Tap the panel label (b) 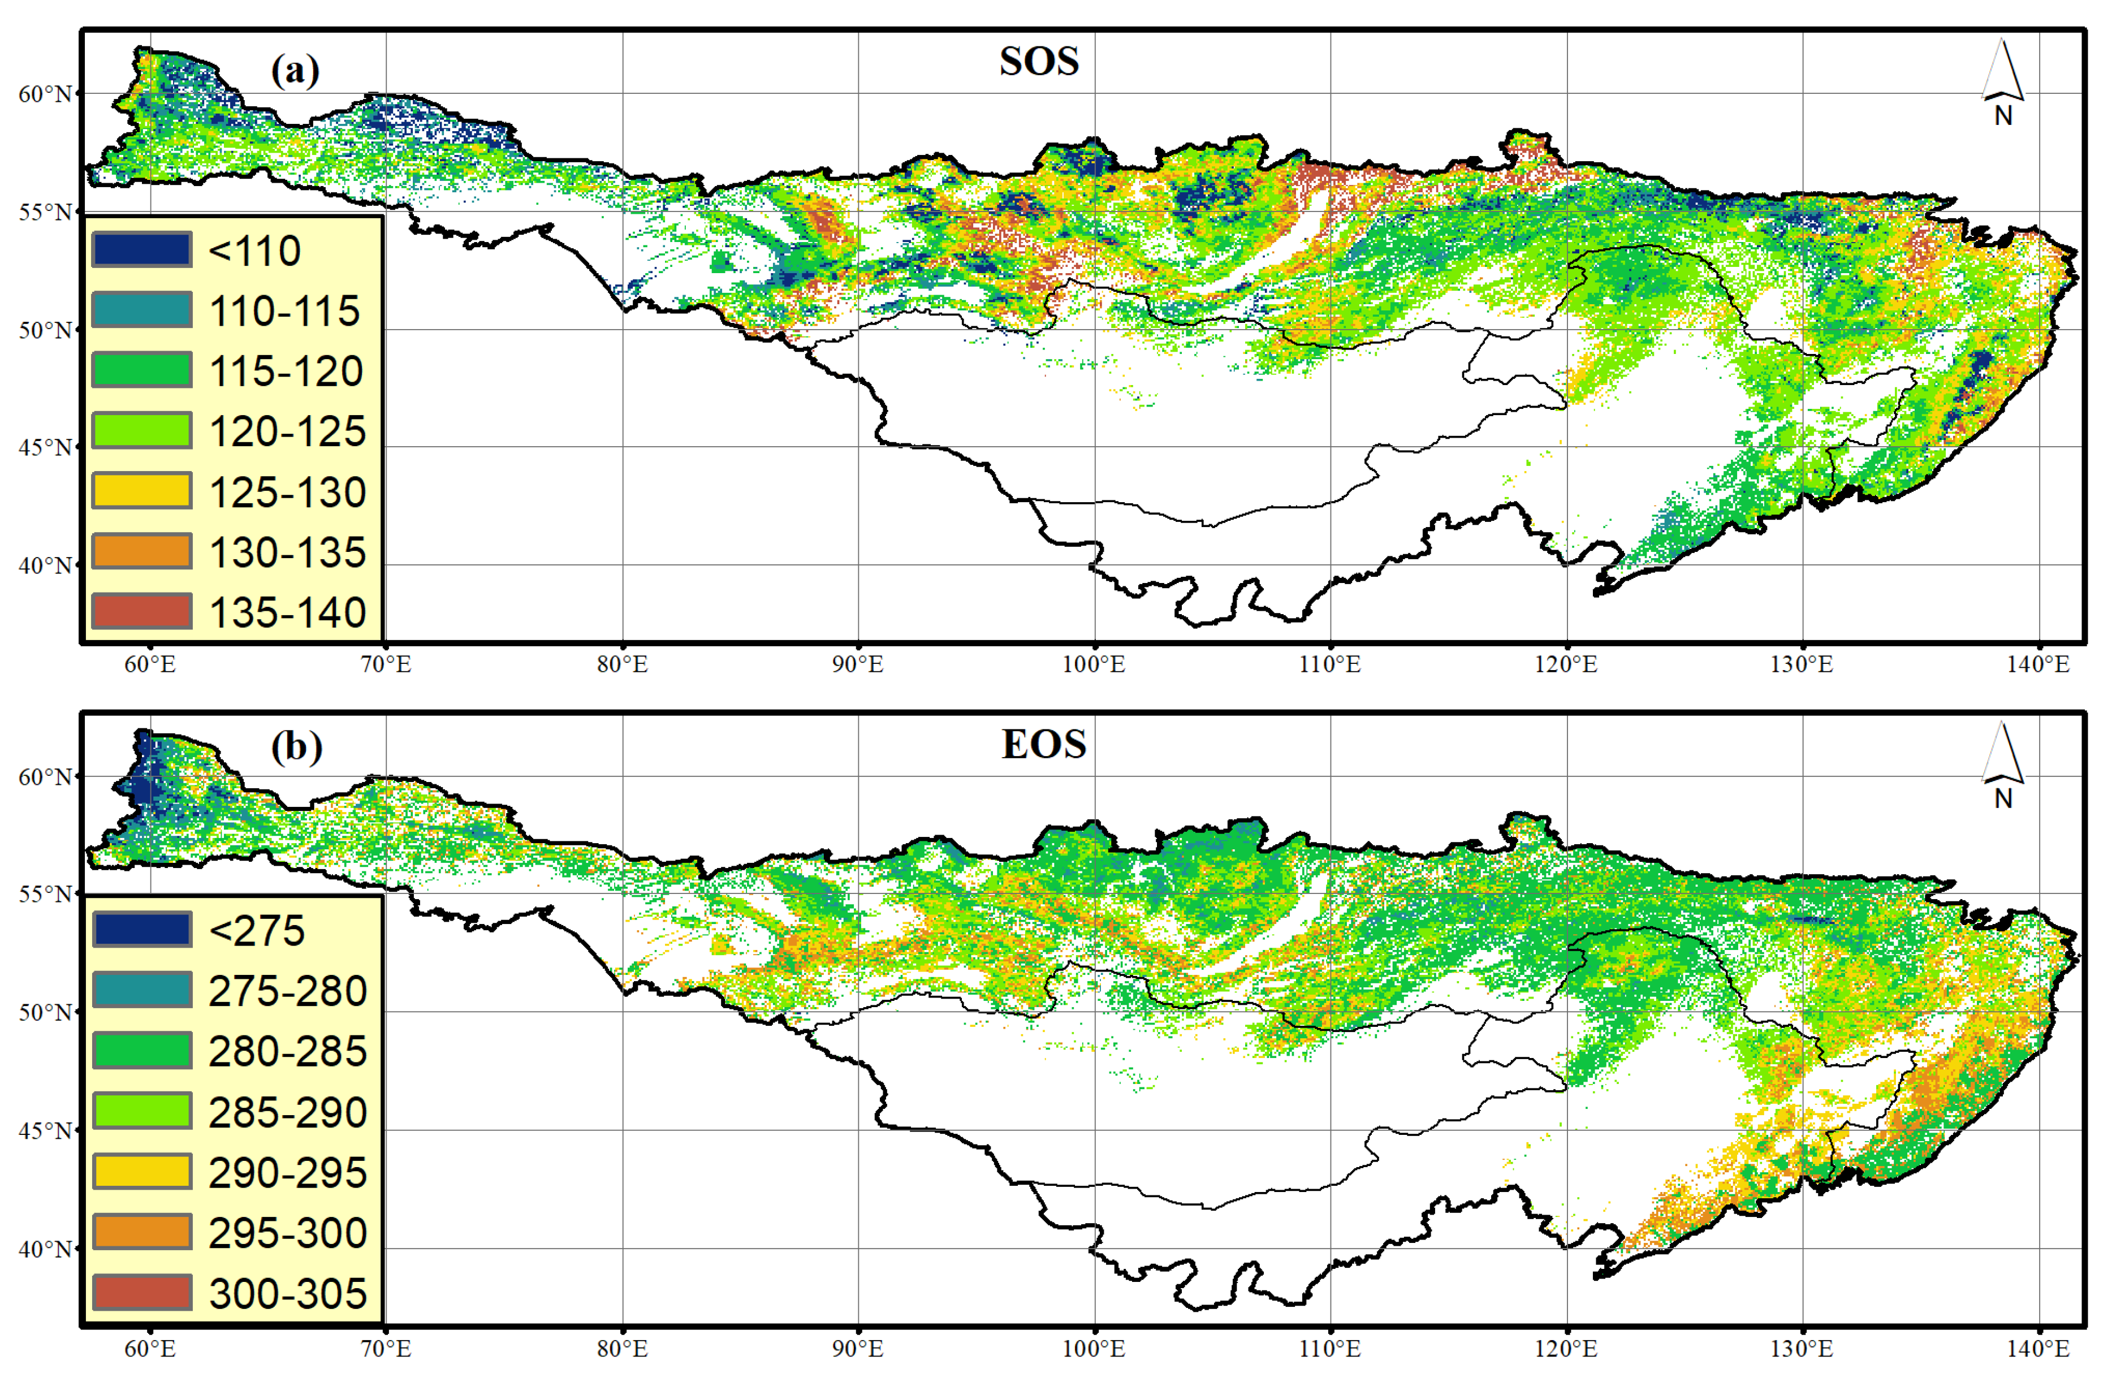point(296,746)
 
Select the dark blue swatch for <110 point(142,249)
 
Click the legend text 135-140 point(287,612)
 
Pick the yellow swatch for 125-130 point(142,491)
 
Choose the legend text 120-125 point(287,431)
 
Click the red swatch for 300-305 point(142,1292)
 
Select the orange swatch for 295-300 point(142,1232)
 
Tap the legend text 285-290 point(287,1112)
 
